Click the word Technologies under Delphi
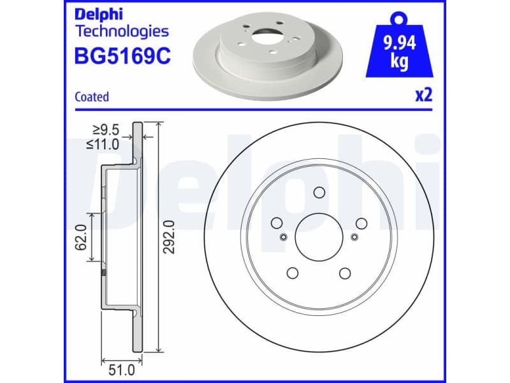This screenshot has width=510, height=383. (x=122, y=31)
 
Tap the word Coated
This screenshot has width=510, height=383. (x=92, y=97)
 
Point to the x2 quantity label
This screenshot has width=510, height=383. (x=424, y=96)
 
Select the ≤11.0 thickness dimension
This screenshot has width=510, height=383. (x=103, y=145)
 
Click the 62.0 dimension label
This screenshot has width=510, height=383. (x=81, y=237)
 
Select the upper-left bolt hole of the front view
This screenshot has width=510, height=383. (x=277, y=223)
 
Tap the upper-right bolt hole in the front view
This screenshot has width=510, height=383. (x=361, y=223)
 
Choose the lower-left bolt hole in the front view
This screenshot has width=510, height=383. (x=293, y=273)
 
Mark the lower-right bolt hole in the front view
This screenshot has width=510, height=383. (x=345, y=273)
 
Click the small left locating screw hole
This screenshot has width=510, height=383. (x=283, y=238)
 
